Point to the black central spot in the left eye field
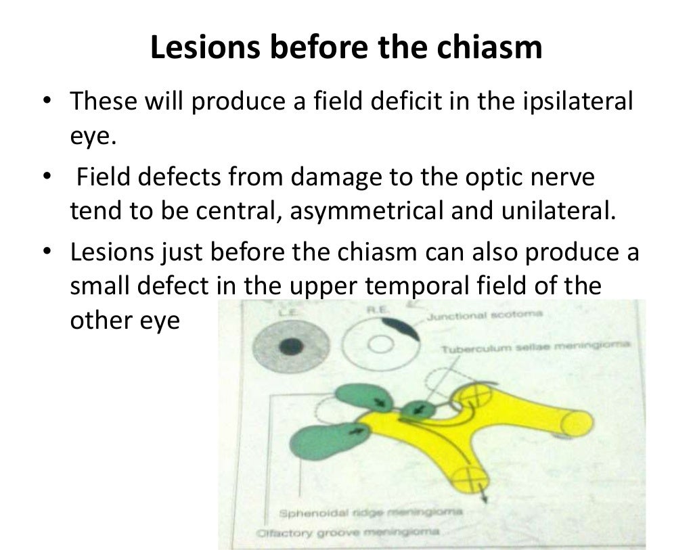(x=291, y=346)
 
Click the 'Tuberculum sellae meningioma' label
(x=535, y=347)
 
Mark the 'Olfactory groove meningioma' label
(x=349, y=533)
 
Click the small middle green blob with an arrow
(x=418, y=409)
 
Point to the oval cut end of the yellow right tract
(x=577, y=424)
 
